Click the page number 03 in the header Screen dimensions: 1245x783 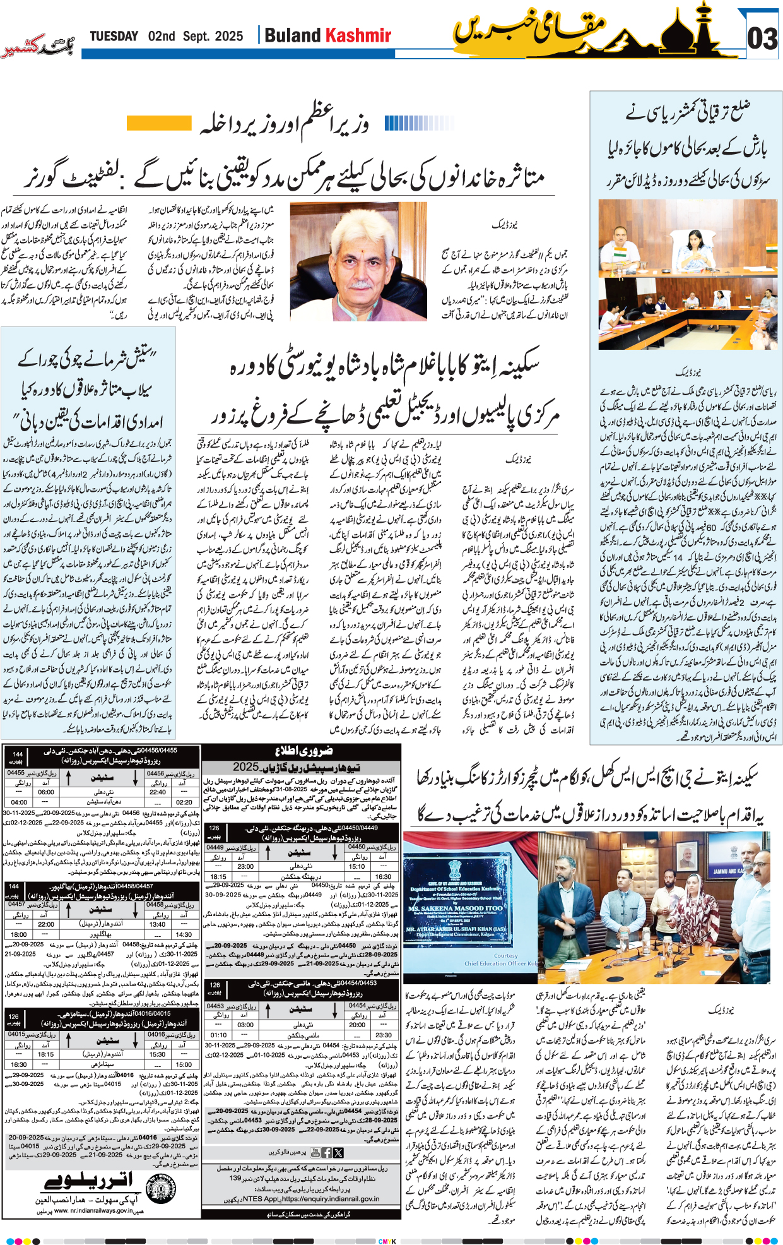pos(762,39)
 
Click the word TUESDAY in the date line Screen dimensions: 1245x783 pos(114,36)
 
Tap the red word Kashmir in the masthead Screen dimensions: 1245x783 pos(358,35)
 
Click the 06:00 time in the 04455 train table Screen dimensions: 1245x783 pos(45,792)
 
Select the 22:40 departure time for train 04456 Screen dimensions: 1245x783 pos(158,792)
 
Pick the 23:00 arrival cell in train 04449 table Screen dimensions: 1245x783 pos(245,866)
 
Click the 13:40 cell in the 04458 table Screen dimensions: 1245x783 pos(158,924)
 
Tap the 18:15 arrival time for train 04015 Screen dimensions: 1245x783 pos(45,1054)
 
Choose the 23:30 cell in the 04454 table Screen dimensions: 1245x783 pos(383,1035)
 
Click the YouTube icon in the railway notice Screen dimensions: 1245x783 pos(327,1152)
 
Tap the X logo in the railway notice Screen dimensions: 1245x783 pos(339,1152)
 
